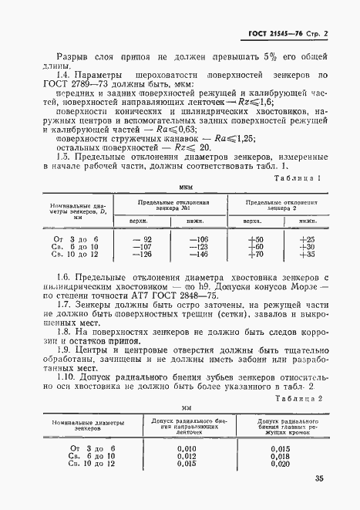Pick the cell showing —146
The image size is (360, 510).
[x=198, y=254]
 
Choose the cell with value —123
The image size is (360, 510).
[x=198, y=247]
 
